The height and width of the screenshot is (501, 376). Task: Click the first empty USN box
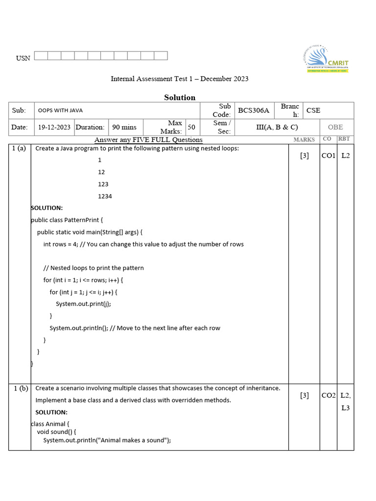41,56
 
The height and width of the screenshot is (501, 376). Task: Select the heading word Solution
180,97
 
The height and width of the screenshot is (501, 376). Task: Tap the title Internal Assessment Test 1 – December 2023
179,79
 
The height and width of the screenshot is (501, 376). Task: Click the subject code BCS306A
254,111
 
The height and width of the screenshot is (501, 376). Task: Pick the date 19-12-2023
54,127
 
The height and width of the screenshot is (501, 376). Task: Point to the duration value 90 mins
124,127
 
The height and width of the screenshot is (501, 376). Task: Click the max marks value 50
191,127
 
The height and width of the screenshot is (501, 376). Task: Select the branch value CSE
313,111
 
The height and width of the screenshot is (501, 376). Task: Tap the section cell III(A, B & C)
277,127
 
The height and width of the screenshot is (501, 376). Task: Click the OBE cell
335,127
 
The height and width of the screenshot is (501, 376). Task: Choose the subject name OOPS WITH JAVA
60,111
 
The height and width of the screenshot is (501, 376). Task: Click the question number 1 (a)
19,149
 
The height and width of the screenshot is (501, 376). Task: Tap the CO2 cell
328,396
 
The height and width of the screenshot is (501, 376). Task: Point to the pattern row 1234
105,196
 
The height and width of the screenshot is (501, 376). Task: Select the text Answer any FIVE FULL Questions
148,140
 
